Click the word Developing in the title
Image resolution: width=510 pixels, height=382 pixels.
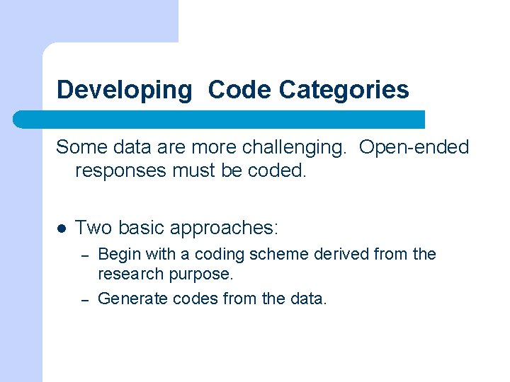124,90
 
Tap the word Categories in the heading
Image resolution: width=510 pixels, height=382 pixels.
344,90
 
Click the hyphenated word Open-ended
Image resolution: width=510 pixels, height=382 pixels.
414,147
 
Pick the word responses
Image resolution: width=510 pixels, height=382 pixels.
120,170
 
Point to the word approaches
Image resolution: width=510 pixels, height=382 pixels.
226,228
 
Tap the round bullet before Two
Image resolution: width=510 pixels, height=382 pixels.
61,228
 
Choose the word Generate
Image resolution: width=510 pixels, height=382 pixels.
130,299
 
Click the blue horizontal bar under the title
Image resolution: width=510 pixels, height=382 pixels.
220,119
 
